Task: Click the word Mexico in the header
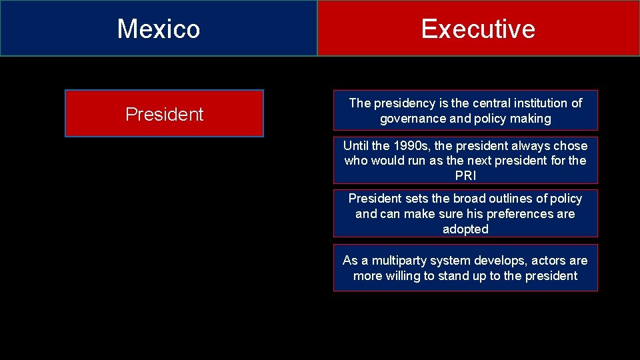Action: point(159,29)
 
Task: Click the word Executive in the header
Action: point(478,29)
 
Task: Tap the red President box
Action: point(164,114)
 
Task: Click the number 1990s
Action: point(415,145)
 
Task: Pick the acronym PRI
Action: point(465,176)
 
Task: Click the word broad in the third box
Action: point(471,199)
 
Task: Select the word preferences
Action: point(520,214)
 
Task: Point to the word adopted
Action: point(465,229)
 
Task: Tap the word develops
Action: point(513,260)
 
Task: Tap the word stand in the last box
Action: point(454,275)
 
